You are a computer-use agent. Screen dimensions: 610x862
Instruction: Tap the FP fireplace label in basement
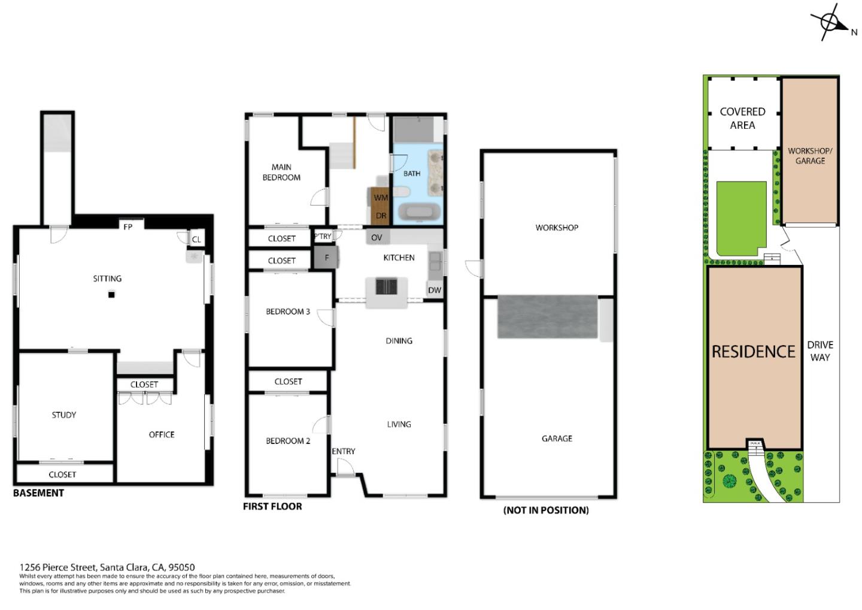(128, 227)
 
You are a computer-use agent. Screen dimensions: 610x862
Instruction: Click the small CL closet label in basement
(196, 240)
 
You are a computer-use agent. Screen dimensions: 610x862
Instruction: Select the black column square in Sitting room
(111, 294)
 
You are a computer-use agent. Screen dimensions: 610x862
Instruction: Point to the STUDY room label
(64, 415)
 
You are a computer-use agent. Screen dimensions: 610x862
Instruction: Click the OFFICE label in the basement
(162, 434)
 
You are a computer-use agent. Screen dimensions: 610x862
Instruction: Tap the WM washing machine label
(381, 198)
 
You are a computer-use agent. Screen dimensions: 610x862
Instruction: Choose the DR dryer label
(381, 216)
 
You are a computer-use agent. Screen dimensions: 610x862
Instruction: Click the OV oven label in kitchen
(377, 238)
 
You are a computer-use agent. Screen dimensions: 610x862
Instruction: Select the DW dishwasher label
(435, 290)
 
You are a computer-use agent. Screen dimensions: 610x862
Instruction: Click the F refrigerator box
(326, 258)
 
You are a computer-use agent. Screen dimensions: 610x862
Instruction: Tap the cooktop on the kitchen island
(386, 286)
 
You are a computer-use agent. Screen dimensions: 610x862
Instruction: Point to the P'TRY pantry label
(323, 237)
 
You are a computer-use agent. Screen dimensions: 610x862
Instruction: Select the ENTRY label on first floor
(344, 451)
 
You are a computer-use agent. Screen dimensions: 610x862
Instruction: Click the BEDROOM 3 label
(288, 312)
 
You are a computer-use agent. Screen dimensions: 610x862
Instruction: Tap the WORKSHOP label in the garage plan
(557, 228)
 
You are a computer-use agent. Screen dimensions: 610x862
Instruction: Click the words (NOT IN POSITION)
(546, 510)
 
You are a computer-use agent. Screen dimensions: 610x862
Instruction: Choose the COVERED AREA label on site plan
(742, 119)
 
